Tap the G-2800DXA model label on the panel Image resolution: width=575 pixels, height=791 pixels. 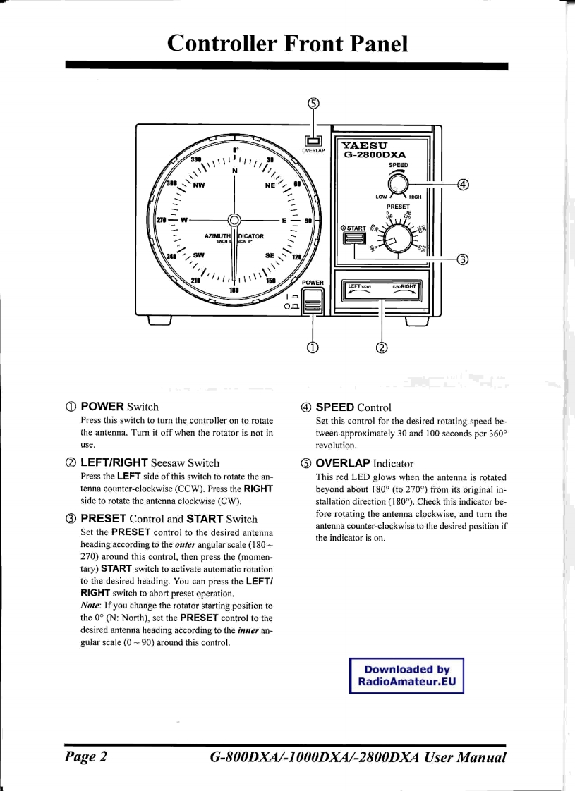tap(374, 158)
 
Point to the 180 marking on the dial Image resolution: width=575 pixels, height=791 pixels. tap(234, 288)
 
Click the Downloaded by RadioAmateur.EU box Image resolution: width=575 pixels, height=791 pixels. tap(406, 675)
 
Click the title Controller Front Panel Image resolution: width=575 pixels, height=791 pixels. tap(287, 44)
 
